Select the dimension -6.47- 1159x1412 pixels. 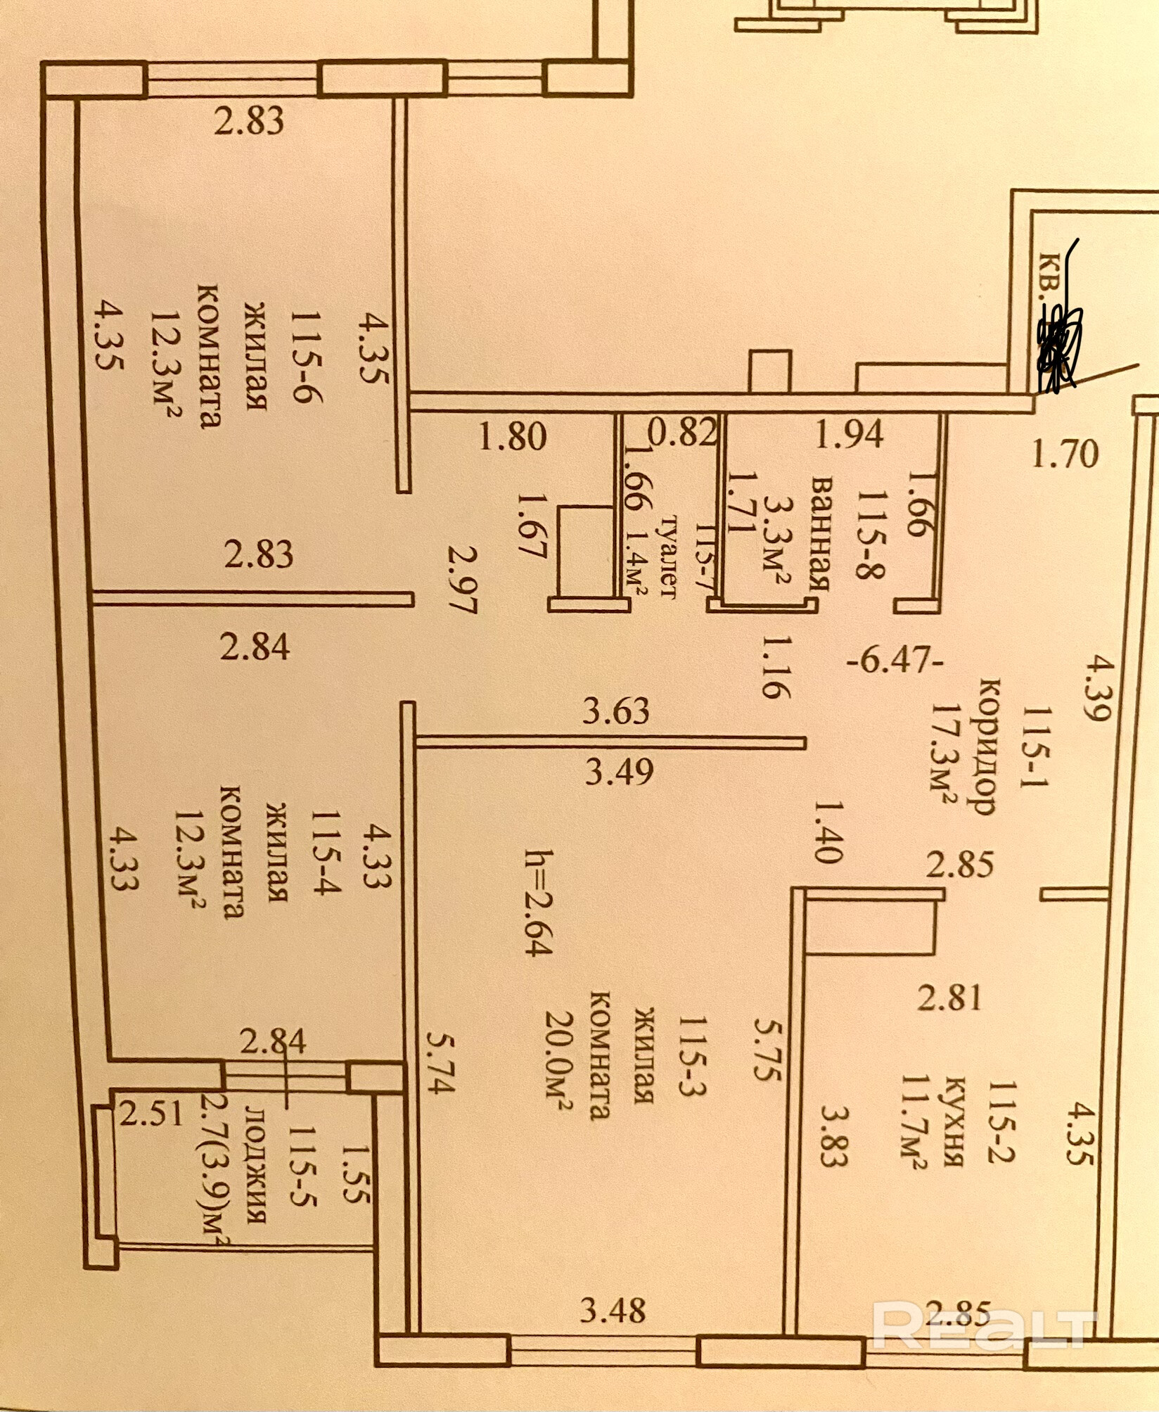click(893, 662)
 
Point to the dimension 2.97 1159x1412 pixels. click(463, 580)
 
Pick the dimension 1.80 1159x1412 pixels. click(513, 437)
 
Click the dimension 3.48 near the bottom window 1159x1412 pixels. click(613, 1311)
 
